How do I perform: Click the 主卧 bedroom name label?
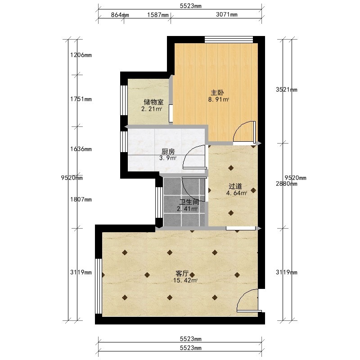click(217, 93)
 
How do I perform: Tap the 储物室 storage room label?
click(153, 102)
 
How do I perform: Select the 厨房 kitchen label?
click(168, 152)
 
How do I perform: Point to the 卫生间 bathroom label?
click(189, 202)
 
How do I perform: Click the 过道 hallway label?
click(235, 186)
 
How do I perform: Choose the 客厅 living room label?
click(182, 274)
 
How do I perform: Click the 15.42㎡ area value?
click(185, 280)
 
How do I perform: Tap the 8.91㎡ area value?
click(218, 99)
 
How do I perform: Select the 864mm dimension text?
click(120, 15)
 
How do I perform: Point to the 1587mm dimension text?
click(158, 15)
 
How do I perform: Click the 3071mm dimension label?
click(227, 14)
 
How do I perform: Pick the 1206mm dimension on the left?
click(81, 55)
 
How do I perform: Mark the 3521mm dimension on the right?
click(287, 90)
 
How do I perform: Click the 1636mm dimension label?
click(81, 149)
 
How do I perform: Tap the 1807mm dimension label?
click(81, 199)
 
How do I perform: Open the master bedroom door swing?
click(244, 132)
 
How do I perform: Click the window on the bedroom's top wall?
click(229, 40)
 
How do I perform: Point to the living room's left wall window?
click(99, 286)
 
